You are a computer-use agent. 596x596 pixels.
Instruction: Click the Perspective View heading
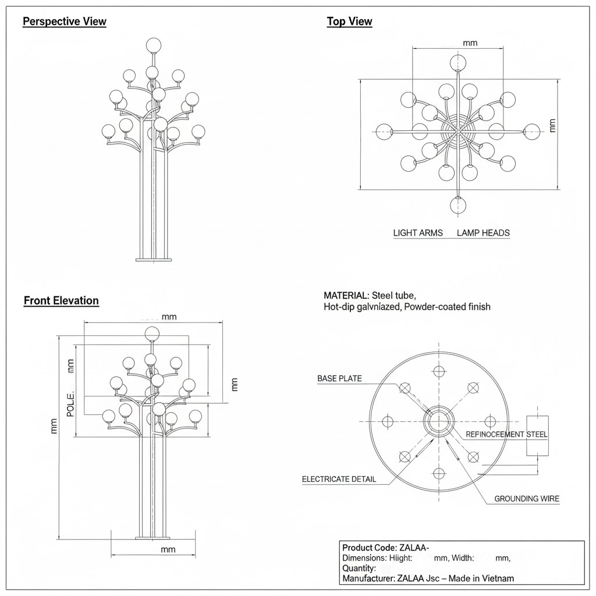[65, 22]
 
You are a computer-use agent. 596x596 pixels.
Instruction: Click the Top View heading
[349, 22]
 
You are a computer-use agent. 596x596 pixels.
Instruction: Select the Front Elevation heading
[61, 301]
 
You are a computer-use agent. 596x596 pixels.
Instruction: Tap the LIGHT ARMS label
[418, 233]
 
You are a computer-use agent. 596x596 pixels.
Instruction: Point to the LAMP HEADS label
[483, 233]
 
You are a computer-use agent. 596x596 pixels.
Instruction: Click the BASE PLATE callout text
[339, 379]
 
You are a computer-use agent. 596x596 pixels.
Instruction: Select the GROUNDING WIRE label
[527, 499]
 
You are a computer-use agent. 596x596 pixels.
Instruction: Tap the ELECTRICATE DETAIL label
[339, 480]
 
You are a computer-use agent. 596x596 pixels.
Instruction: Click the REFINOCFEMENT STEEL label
[507, 435]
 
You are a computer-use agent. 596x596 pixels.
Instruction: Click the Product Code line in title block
[385, 548]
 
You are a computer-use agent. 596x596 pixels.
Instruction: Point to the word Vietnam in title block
[497, 579]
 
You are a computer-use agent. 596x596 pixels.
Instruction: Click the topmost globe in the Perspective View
[153, 44]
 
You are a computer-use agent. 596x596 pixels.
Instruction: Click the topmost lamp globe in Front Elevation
[152, 334]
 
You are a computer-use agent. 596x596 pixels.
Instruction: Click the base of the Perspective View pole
[153, 258]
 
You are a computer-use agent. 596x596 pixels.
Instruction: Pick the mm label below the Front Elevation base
[168, 549]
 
